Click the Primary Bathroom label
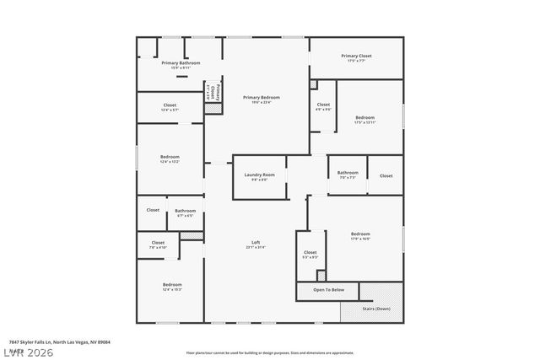(181, 63)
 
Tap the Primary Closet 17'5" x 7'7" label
(356, 56)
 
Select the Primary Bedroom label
(261, 98)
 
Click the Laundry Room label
(259, 175)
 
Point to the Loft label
(256, 243)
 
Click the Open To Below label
(328, 290)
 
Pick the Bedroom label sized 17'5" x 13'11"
(364, 117)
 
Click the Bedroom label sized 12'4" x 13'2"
(170, 157)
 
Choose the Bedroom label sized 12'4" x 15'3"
(172, 285)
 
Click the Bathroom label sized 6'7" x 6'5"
(186, 211)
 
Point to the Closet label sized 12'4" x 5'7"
(170, 105)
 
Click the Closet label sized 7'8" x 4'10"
(158, 244)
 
